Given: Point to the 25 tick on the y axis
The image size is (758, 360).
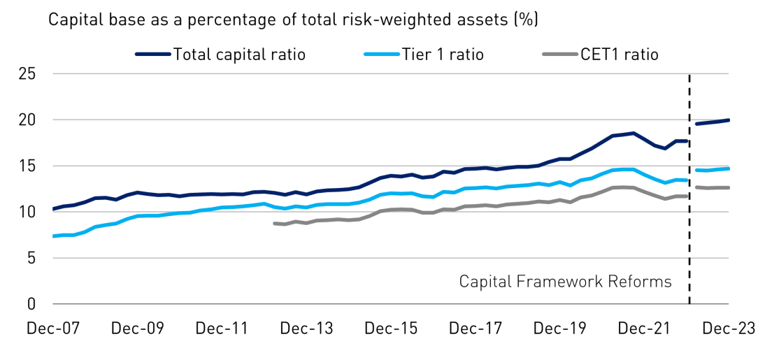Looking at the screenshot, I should pyautogui.click(x=28, y=74).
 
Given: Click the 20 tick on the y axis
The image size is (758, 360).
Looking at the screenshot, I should pyautogui.click(x=28, y=120).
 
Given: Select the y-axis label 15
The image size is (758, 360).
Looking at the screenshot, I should pyautogui.click(x=28, y=166).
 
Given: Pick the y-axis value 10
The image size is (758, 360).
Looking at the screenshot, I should pyautogui.click(x=28, y=213).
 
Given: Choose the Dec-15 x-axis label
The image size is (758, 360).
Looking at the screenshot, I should pyautogui.click(x=389, y=329).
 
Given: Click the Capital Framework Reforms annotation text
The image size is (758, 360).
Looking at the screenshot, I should pyautogui.click(x=565, y=282).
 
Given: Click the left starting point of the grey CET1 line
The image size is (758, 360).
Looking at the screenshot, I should pyautogui.click(x=274, y=223).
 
